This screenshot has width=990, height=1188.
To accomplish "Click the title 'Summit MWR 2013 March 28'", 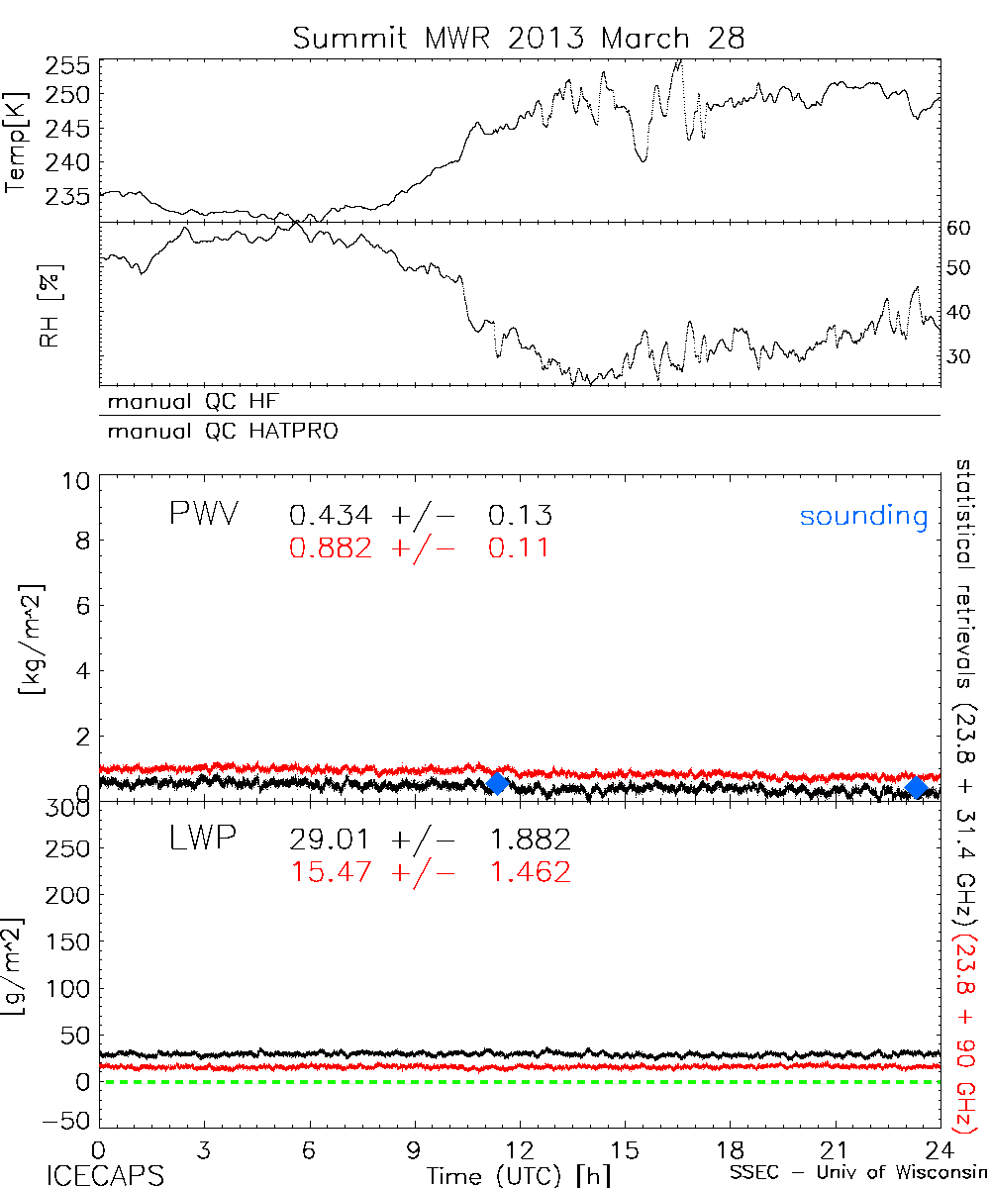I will pos(519,39).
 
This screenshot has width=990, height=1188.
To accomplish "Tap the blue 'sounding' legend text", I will pos(864,516).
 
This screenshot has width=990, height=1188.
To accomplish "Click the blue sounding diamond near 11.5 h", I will pos(498,784).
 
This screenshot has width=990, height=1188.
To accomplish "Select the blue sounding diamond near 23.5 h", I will pos(917,787).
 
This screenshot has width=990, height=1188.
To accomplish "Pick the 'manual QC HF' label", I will pos(188,402).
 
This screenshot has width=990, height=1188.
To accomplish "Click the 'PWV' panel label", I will pos(203,515).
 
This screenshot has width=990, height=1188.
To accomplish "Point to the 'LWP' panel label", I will pos(203,840).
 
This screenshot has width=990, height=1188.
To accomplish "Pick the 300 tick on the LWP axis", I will pos(69,808).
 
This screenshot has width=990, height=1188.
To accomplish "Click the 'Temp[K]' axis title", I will pos(17,142).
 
